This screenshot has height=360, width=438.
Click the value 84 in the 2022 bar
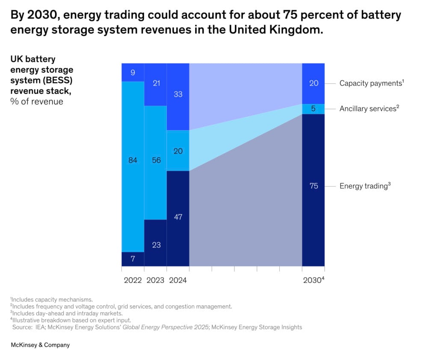tap(133, 161)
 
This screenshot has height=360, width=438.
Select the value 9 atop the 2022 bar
tap(133, 73)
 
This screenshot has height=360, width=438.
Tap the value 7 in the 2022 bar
tap(133, 259)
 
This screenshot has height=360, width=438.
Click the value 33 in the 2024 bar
tap(178, 94)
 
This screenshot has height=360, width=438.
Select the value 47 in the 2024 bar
tap(178, 217)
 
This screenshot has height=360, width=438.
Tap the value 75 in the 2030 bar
tap(314, 186)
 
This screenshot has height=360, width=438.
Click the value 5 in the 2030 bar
tap(314, 109)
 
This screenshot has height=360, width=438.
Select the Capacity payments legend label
tap(370, 83)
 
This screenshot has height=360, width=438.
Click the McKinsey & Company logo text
tap(40, 345)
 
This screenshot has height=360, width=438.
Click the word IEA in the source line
tap(41, 327)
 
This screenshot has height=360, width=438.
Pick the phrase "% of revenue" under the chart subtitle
tap(37, 101)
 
